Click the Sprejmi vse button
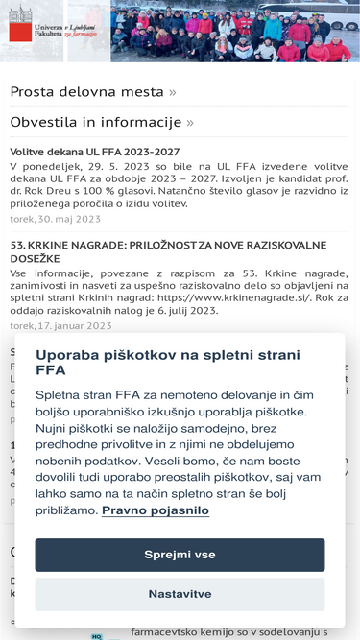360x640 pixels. tap(180, 555)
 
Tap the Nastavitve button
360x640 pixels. tap(180, 594)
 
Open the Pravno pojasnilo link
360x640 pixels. tap(155, 510)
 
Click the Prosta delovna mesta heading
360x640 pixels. tap(86, 92)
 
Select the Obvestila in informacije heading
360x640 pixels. tap(95, 122)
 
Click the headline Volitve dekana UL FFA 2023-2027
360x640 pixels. tap(94, 152)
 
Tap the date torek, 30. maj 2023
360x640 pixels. tap(55, 219)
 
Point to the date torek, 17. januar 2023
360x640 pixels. tap(60, 325)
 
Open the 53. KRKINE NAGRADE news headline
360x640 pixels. tap(168, 245)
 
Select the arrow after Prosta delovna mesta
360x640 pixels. tap(173, 92)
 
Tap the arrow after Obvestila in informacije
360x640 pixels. tap(190, 122)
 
